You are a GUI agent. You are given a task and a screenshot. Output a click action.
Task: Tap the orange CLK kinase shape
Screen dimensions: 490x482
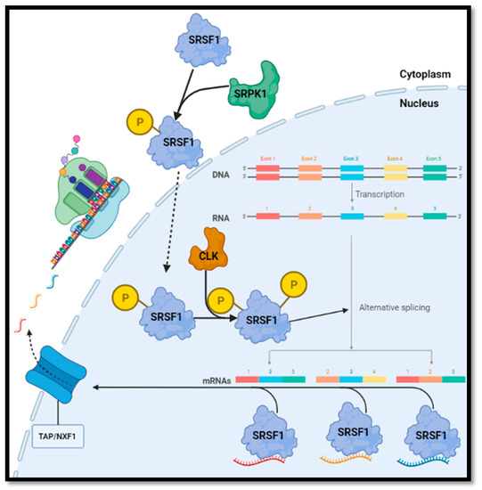click(x=208, y=249)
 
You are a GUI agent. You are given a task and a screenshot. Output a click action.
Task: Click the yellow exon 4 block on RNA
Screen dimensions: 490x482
click(x=395, y=216)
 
